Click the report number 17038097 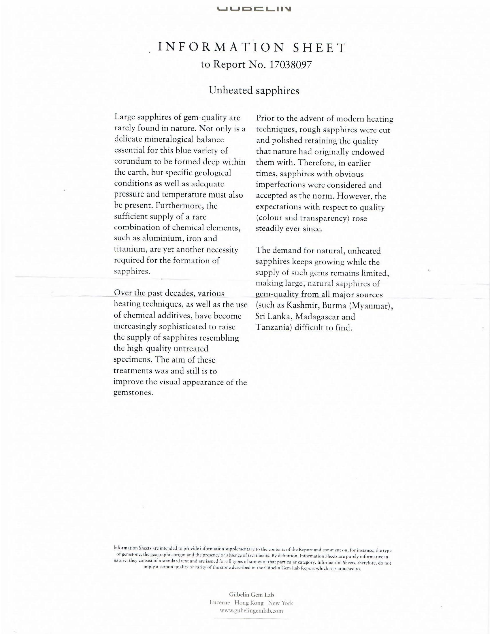tap(290, 65)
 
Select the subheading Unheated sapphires tap(254, 90)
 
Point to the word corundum tap(133, 161)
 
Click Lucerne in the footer tap(219, 603)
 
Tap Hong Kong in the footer tap(249, 603)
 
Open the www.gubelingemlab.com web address tap(251, 610)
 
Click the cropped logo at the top tap(254, 9)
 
